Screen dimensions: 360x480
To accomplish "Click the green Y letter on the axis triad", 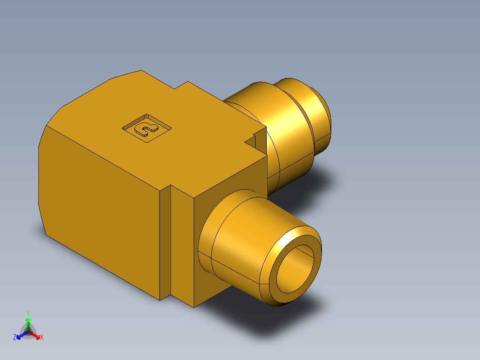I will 28,313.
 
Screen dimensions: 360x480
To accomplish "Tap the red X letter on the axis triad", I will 41,338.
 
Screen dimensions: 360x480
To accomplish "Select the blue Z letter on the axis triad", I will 15,338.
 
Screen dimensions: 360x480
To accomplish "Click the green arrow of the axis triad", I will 28,323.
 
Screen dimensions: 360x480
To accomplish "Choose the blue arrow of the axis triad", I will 20,335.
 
